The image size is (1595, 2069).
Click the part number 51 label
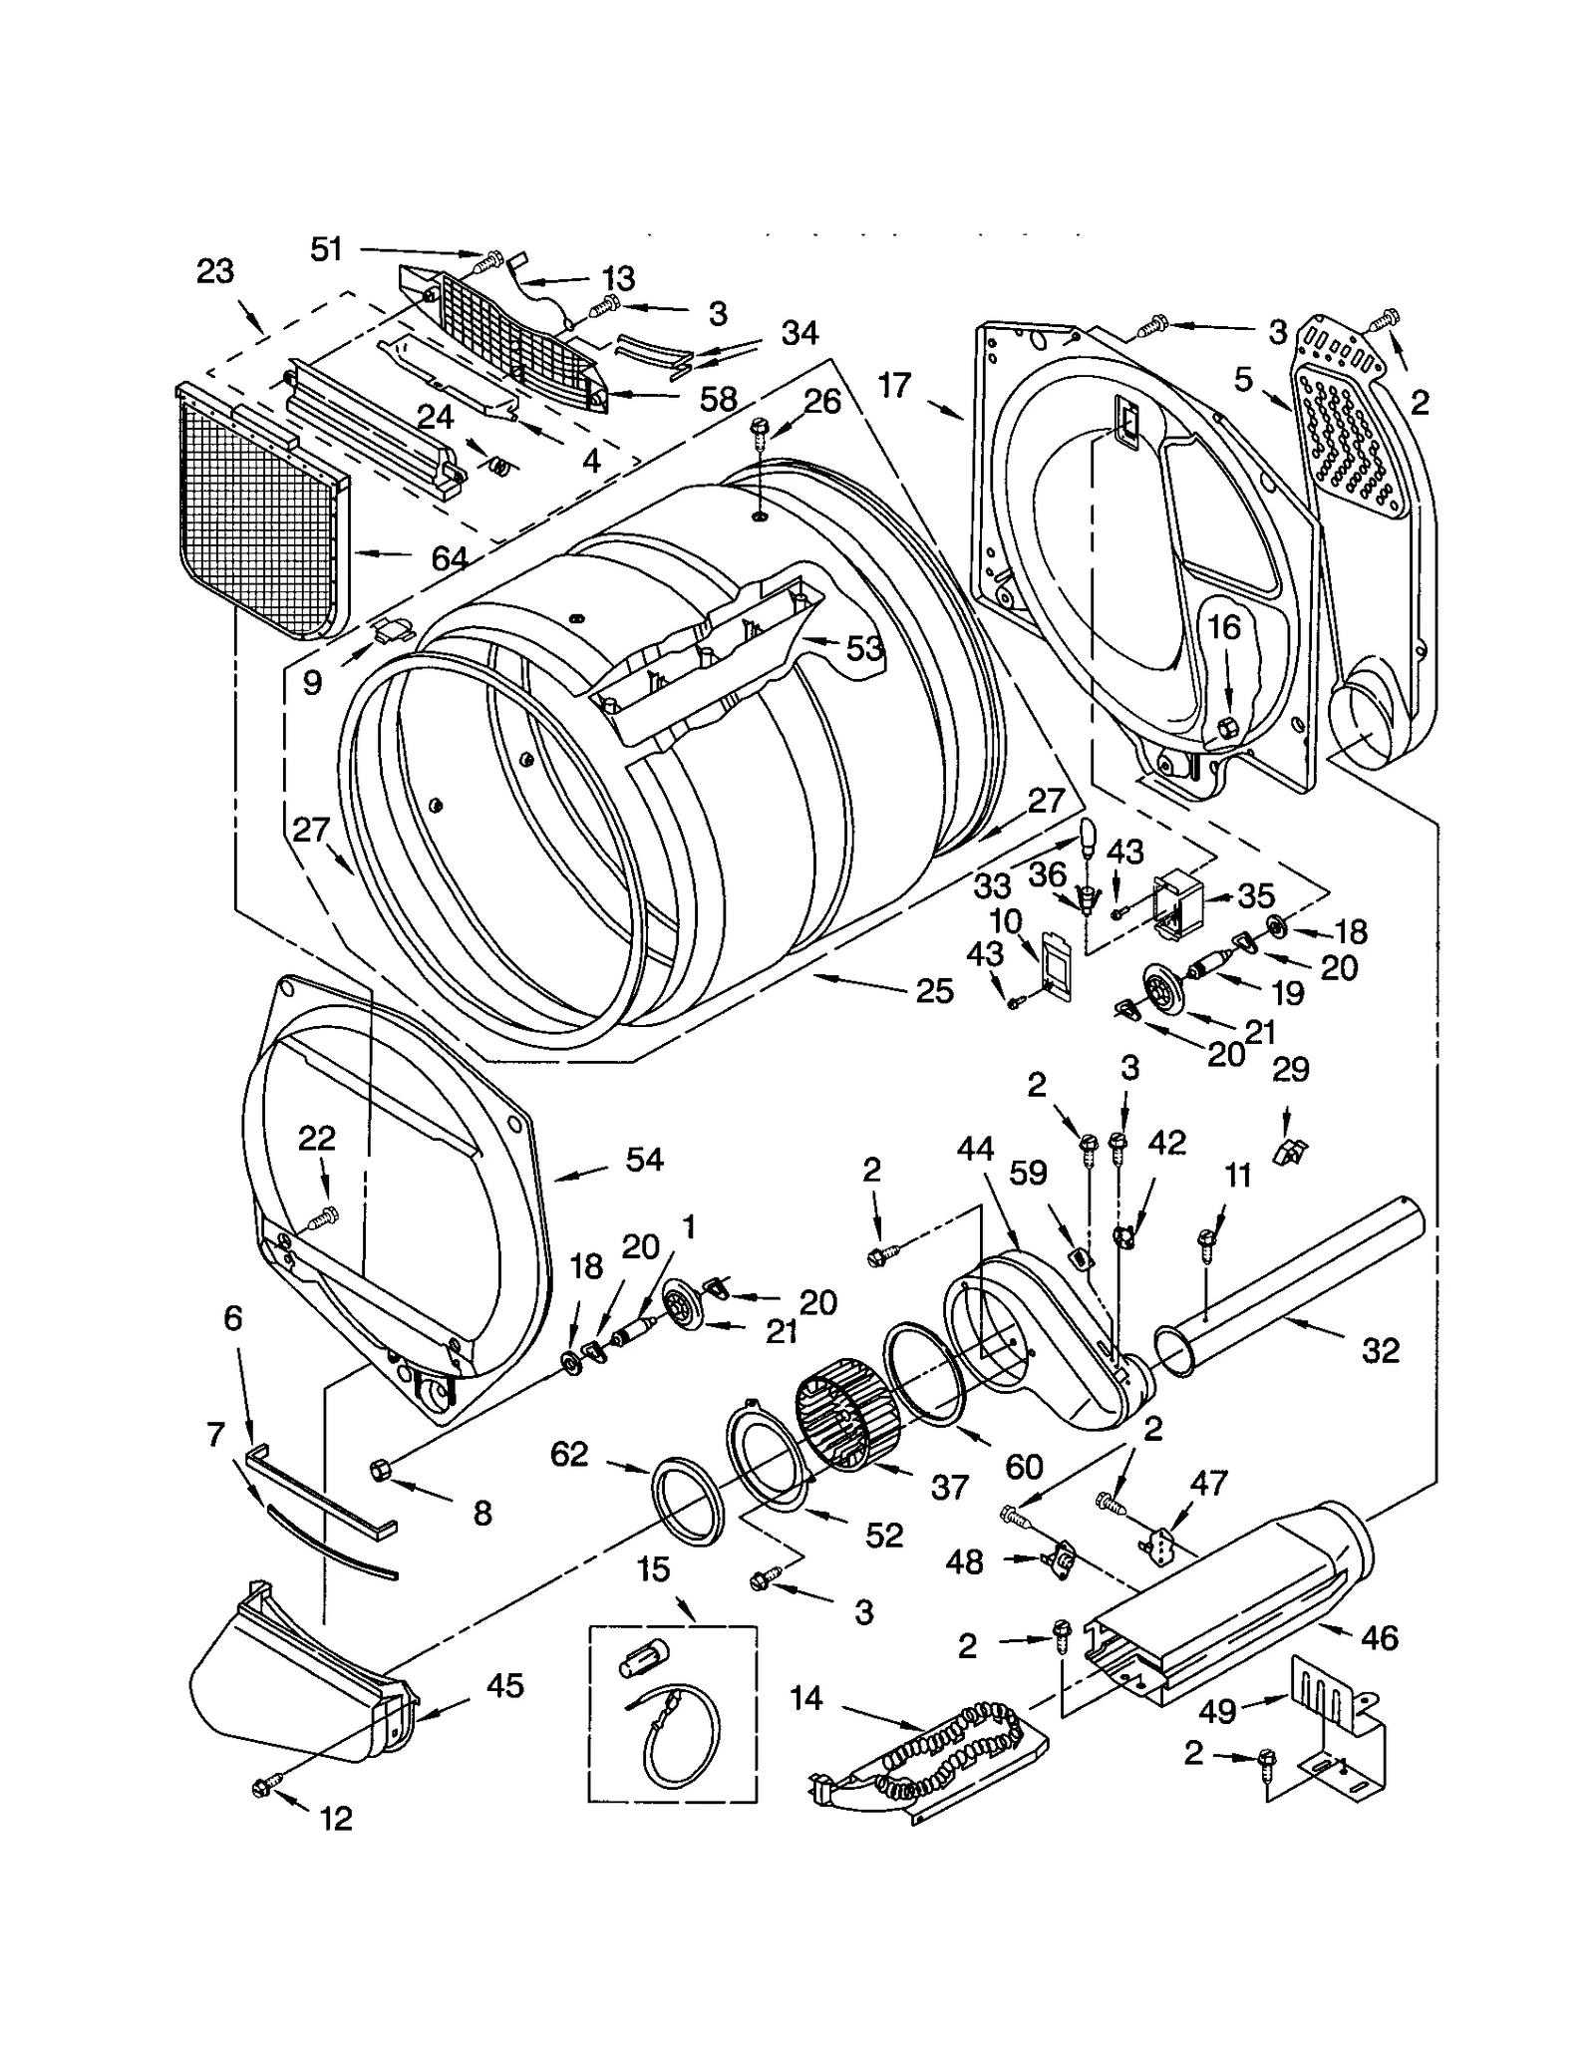pos(326,248)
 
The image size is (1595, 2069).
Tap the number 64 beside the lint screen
pos(450,558)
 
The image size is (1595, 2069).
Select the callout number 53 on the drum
pos(864,649)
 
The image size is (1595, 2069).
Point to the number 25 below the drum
pos(934,990)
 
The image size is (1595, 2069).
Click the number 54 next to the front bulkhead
pos(644,1159)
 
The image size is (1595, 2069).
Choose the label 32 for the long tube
pos(1380,1351)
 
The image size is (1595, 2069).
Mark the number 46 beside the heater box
pos(1379,1638)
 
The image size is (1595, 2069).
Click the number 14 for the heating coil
pos(805,1697)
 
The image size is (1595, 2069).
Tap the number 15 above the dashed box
pos(653,1570)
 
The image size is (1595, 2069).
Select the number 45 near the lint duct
pos(504,1686)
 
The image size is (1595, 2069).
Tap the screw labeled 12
pos(263,1789)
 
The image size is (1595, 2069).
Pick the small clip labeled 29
pos(1290,1151)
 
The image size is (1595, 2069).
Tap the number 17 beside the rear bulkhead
pos(895,385)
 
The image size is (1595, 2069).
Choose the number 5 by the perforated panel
pos(1242,379)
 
